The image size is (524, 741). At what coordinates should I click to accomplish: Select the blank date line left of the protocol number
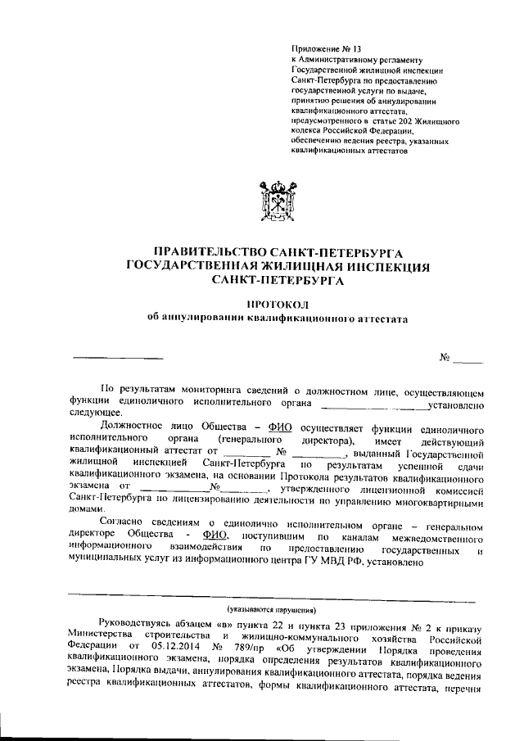pyautogui.click(x=118, y=358)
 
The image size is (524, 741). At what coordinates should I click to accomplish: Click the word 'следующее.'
pyautogui.click(x=94, y=415)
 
